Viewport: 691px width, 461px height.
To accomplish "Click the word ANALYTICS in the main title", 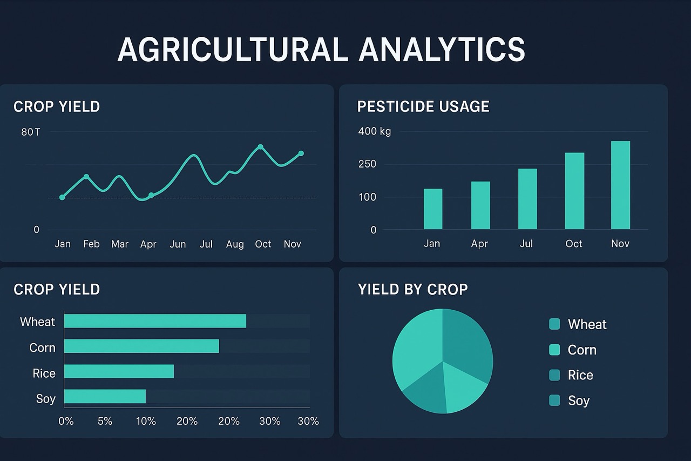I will click(442, 50).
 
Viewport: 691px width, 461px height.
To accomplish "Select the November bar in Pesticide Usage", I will click(620, 185).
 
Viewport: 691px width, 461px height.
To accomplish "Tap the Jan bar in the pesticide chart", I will click(433, 209).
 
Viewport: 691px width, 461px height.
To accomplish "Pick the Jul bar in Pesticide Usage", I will click(527, 199).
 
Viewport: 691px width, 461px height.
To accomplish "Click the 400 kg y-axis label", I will click(374, 131).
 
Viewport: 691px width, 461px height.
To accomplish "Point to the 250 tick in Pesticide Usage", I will click(367, 164).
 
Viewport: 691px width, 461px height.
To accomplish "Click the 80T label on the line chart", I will click(30, 132).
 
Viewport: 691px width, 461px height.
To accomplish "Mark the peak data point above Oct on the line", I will click(260, 147).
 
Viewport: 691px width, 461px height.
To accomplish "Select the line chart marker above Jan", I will click(62, 197).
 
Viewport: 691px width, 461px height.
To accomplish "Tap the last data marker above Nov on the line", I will click(301, 153).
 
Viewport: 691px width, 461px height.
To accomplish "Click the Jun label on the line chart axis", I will click(178, 244).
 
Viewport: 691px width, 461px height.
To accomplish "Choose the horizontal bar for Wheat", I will click(155, 321).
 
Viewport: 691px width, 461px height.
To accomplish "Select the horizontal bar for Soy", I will click(105, 397).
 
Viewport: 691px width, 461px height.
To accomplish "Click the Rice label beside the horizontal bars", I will click(44, 373).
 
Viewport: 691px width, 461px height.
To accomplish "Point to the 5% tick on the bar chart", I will click(105, 421).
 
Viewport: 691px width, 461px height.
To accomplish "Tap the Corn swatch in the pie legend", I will click(554, 350).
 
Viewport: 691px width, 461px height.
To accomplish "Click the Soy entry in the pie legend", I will click(578, 400).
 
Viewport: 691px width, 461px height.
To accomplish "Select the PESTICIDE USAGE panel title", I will click(423, 106).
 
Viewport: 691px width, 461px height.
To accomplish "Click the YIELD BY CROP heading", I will click(412, 290).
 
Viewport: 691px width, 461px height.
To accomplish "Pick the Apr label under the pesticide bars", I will click(479, 244).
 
